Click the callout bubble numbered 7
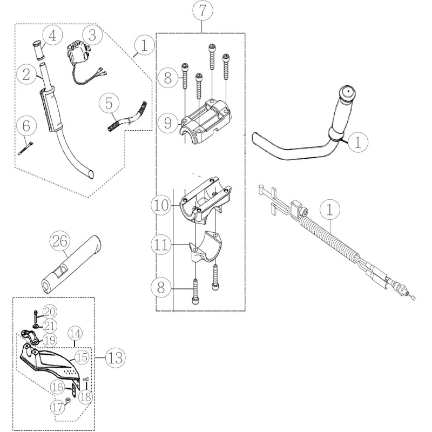202,11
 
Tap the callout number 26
60,241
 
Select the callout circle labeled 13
116,358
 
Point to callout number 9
168,123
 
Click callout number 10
161,205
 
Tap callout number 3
92,35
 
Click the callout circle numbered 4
52,36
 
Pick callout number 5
109,103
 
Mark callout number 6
26,126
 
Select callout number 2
26,75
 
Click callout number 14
75,333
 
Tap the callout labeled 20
50,312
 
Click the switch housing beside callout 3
78,52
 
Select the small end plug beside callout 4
38,50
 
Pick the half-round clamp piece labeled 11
205,247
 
